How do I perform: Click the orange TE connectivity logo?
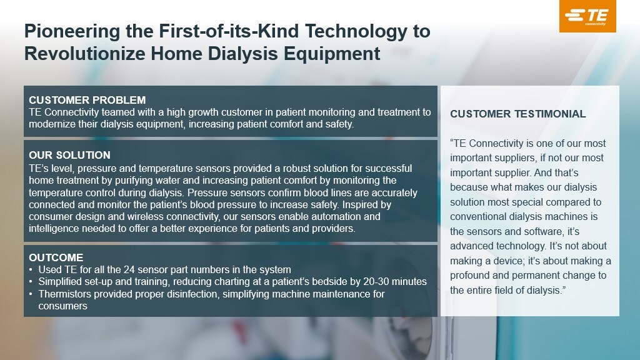click(x=587, y=16)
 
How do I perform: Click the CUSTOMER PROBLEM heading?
click(x=87, y=101)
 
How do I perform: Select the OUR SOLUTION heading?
click(x=69, y=155)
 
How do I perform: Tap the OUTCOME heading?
click(x=56, y=257)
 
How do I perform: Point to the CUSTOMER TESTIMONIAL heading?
click(x=517, y=114)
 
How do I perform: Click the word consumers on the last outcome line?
click(x=63, y=306)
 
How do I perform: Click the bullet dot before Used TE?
click(x=31, y=270)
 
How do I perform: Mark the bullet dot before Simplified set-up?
click(x=31, y=282)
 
